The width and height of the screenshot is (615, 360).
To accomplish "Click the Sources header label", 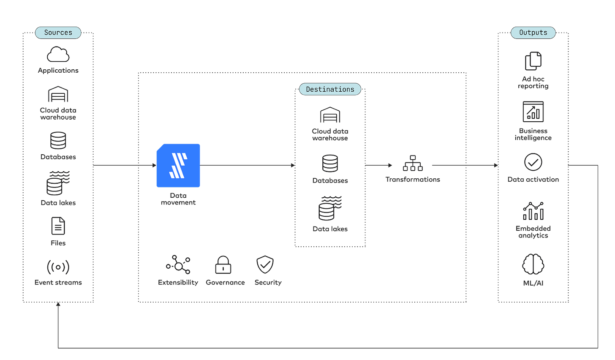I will [58, 33].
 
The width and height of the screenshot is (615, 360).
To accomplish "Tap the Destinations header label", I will [330, 89].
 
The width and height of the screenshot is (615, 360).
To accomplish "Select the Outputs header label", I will [533, 33].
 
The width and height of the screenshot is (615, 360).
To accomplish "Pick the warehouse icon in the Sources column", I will [58, 95].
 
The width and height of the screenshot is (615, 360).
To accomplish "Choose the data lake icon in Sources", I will [58, 183].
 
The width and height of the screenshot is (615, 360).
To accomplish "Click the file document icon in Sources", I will [58, 226].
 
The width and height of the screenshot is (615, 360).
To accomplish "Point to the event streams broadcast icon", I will [58, 267].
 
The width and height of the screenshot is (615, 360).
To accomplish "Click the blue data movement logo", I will [178, 165].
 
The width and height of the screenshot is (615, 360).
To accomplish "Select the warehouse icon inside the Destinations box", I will [330, 115].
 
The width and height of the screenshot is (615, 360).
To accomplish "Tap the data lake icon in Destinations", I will [329, 208].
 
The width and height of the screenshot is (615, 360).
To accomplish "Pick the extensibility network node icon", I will [178, 265].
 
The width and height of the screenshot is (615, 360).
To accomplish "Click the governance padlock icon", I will [223, 265].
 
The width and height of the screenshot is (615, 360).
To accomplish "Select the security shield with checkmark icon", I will [265, 265].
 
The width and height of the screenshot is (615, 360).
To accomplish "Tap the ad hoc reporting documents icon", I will [533, 62].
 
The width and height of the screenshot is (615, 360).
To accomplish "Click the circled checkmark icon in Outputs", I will [533, 162].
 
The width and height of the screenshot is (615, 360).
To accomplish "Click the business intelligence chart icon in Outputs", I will [533, 112].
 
